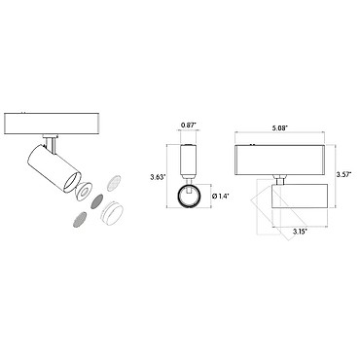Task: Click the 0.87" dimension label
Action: (x=188, y=125)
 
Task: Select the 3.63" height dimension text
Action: (x=158, y=177)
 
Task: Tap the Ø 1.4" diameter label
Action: (x=220, y=196)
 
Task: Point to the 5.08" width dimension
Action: (x=279, y=127)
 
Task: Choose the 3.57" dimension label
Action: (x=344, y=174)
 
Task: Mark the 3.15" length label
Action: (x=300, y=232)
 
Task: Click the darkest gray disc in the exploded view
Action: (x=97, y=201)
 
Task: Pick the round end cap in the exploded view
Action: (x=111, y=213)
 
